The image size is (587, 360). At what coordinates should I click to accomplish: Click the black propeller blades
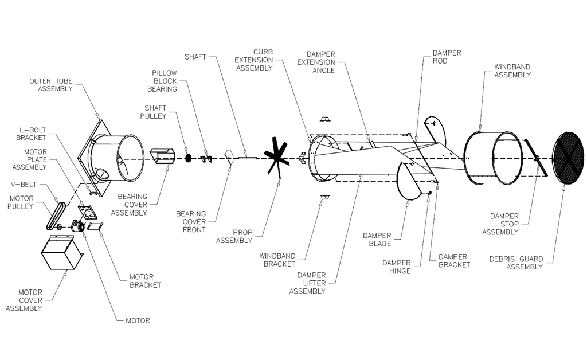276,156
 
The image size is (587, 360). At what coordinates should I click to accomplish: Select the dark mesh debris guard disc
568,158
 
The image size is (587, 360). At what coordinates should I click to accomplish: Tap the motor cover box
61,252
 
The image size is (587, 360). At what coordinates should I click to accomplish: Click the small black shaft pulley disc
188,158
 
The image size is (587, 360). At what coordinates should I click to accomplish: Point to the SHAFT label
195,57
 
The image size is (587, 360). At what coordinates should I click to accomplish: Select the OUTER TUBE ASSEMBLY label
51,85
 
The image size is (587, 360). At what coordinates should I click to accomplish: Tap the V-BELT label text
24,185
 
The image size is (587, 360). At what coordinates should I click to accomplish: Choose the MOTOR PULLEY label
21,202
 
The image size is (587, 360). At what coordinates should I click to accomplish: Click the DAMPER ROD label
447,57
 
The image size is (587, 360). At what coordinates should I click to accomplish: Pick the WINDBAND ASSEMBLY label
512,71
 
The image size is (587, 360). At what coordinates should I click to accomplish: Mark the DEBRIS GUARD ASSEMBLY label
516,263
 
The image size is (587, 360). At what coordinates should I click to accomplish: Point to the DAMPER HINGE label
397,267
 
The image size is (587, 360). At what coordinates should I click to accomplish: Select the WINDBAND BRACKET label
277,260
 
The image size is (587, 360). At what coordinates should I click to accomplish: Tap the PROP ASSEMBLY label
234,236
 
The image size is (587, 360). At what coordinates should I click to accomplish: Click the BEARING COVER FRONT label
191,221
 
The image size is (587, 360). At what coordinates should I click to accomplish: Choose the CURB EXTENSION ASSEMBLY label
254,60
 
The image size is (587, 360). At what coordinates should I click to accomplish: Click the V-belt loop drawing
56,216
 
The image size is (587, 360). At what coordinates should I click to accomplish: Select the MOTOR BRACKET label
145,281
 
